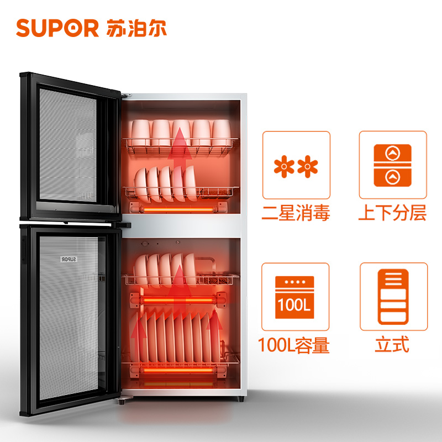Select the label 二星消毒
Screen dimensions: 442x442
click(x=296, y=213)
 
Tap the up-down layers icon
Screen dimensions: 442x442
click(x=393, y=165)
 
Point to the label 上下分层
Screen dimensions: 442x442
click(x=393, y=213)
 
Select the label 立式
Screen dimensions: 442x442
click(x=392, y=345)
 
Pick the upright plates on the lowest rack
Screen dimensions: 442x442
click(x=177, y=337)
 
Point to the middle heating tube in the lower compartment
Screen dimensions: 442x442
click(x=178, y=298)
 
